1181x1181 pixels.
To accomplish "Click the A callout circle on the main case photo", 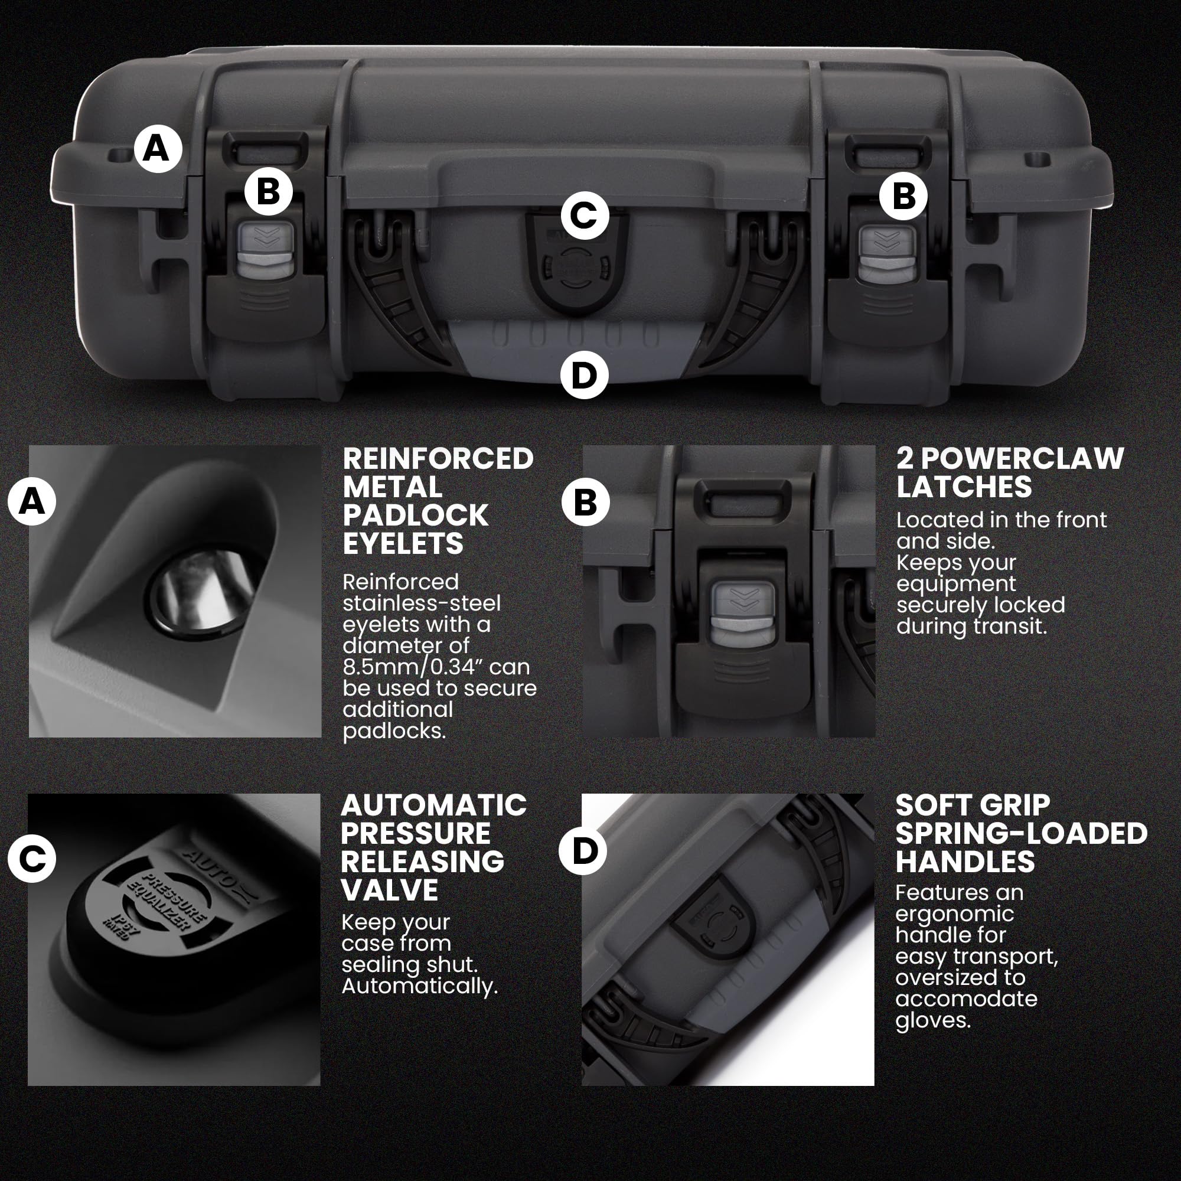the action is (158, 149).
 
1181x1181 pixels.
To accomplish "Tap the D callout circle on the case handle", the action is (585, 375).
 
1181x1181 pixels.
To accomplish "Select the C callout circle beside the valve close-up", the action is (32, 858).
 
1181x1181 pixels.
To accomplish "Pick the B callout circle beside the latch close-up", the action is (585, 503).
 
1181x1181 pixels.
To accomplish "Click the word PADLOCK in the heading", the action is (415, 516).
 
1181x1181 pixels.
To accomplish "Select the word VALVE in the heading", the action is (389, 890).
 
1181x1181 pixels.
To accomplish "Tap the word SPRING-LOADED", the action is (1022, 833).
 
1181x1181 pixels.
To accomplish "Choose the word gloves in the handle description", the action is (933, 1020).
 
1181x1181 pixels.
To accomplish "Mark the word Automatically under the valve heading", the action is (419, 986).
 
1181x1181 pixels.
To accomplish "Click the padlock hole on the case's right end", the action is (1037, 161).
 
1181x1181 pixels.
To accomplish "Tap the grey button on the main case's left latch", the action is (266, 249).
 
